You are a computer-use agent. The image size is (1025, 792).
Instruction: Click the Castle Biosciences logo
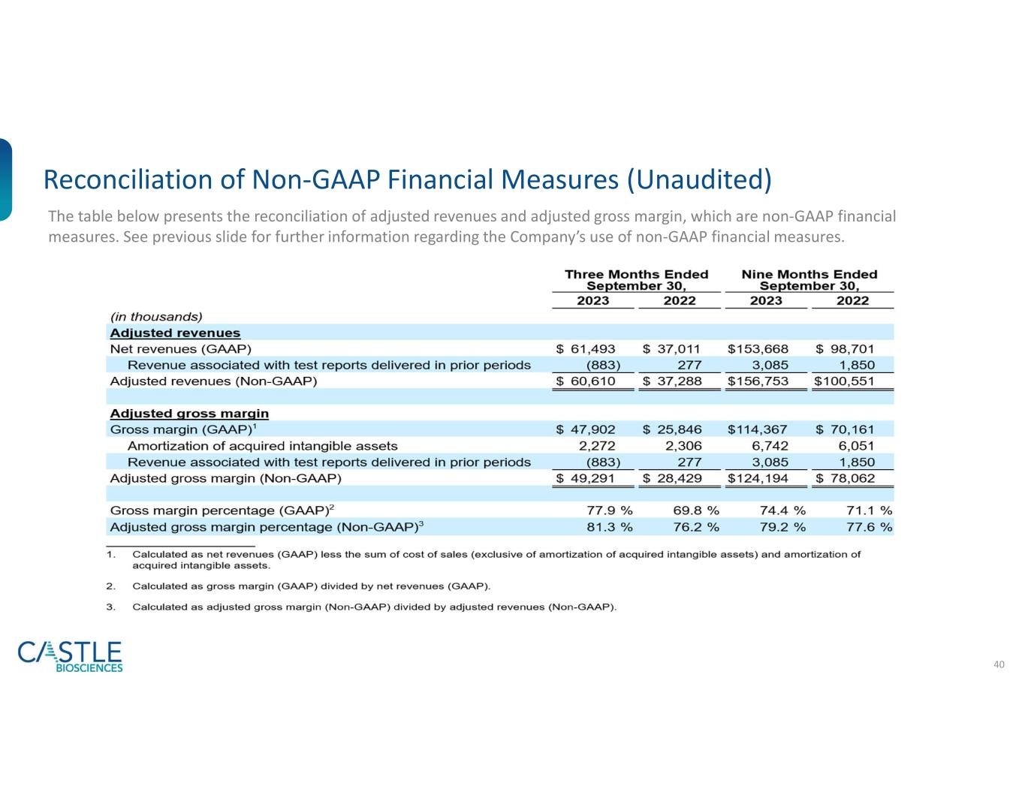coord(70,656)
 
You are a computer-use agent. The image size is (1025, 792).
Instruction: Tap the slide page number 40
coord(999,664)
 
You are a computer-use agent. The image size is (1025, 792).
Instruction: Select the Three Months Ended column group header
coord(636,280)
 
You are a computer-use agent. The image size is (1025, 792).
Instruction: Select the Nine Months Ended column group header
coord(809,280)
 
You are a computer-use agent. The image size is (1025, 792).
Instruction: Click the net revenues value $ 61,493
coord(586,349)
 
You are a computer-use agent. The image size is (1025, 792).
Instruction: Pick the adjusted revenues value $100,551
coord(844,381)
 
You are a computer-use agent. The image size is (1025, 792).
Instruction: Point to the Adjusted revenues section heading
coord(175,333)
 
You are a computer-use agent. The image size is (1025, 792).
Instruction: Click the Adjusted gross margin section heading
coord(189,414)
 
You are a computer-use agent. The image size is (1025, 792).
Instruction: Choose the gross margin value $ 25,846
coord(672,429)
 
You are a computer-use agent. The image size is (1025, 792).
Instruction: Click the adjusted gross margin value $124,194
coord(758,478)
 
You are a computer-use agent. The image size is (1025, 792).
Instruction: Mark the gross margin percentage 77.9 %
coord(609,510)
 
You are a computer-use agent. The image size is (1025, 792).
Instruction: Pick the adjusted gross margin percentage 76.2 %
coord(695,527)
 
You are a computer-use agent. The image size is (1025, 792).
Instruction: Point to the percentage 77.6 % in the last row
coord(869,527)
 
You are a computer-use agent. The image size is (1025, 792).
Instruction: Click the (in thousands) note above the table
coord(156,317)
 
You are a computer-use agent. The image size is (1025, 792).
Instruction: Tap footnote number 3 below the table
coord(110,607)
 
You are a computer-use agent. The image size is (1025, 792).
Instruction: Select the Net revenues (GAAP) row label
coord(180,349)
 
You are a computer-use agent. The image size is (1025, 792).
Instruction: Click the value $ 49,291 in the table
coord(586,478)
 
